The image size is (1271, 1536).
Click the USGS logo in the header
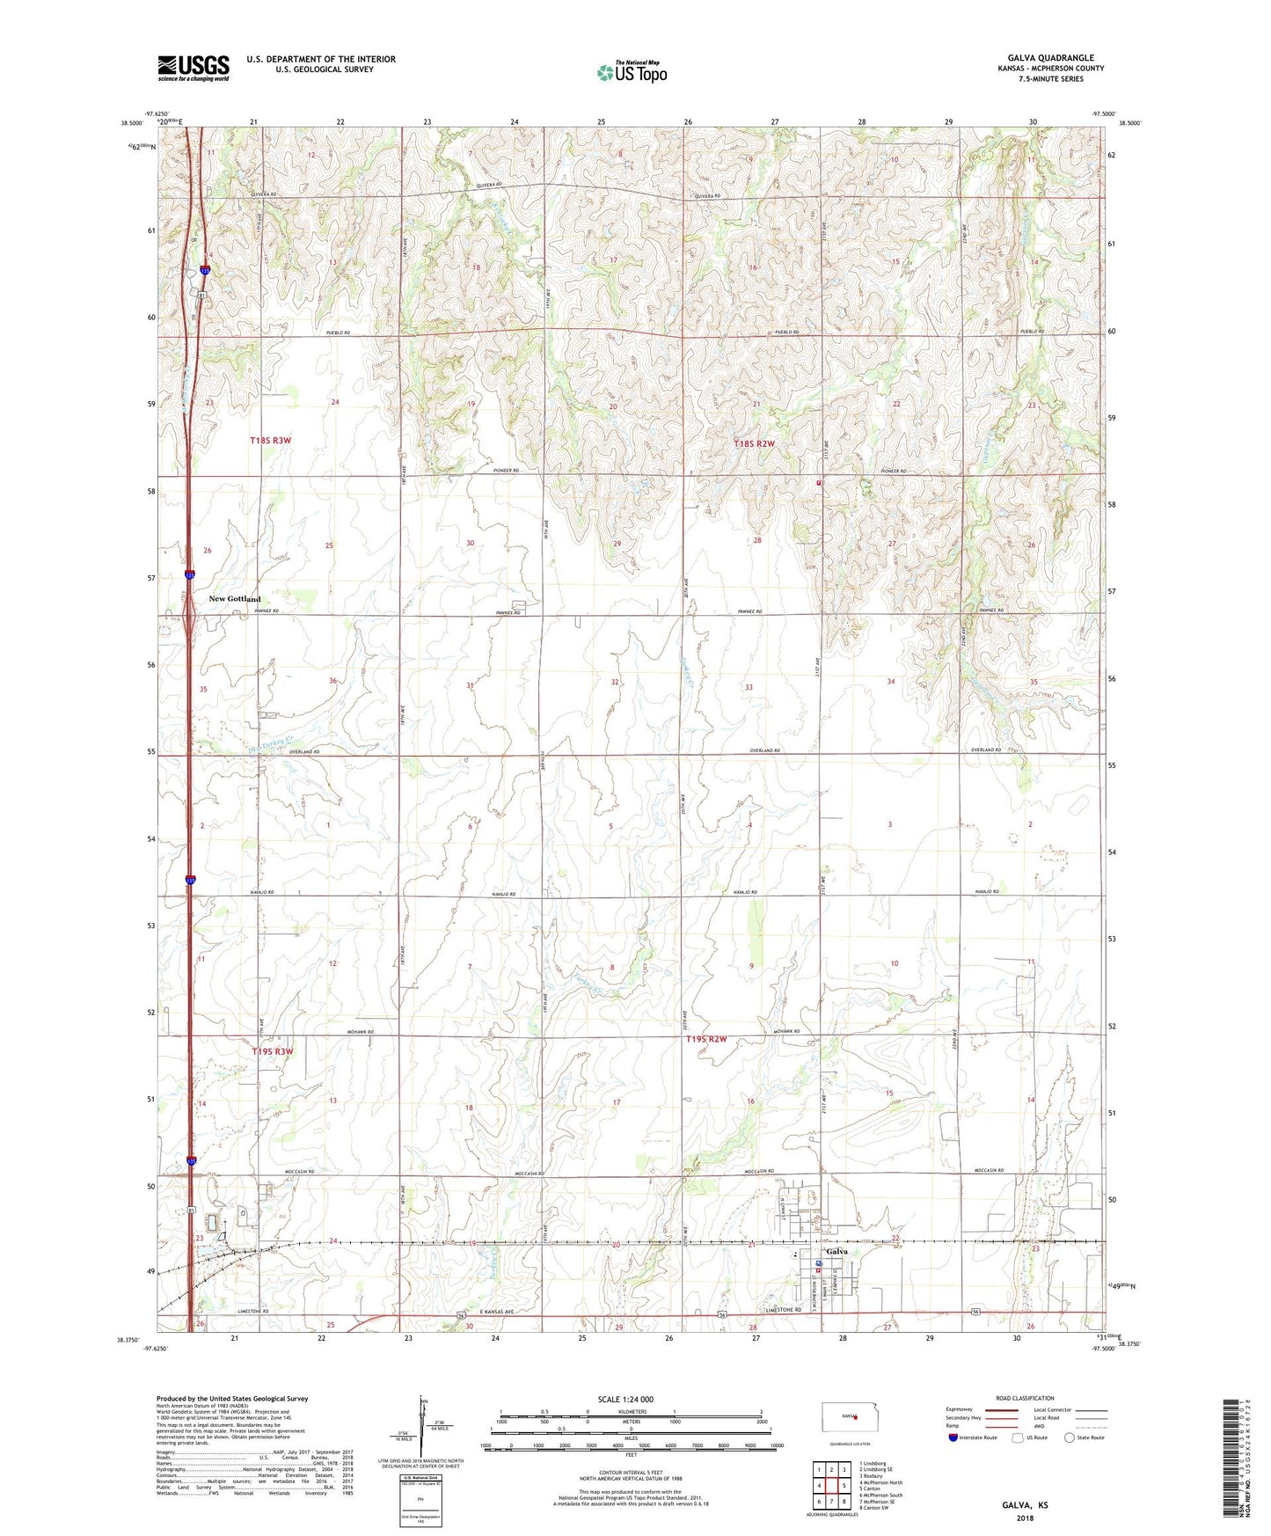[x=193, y=68]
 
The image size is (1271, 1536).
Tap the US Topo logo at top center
[x=632, y=72]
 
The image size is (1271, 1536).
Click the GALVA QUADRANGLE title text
[x=1050, y=58]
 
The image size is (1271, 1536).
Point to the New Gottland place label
[x=234, y=599]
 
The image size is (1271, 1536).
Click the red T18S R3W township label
[x=270, y=440]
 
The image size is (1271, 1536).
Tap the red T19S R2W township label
[x=706, y=1039]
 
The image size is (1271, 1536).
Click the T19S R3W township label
[x=272, y=1051]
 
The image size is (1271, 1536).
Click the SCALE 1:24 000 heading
[x=625, y=1399]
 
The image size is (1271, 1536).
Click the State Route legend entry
[x=1084, y=1437]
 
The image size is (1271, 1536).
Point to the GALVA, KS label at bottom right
[x=1025, y=1505]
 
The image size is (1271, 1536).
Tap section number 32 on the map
[x=615, y=682]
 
